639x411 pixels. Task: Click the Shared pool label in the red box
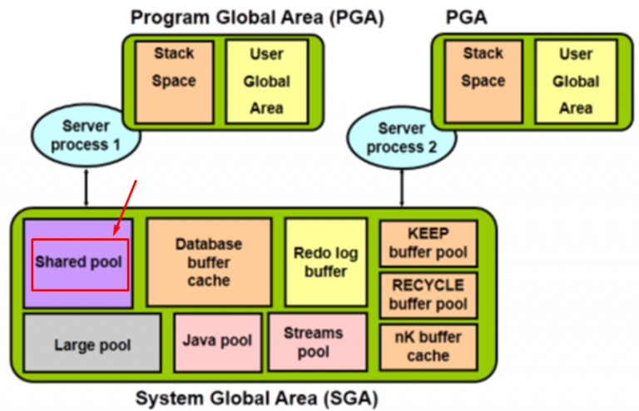tap(79, 262)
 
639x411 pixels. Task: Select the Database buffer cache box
tap(209, 262)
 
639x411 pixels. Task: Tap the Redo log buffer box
tap(326, 262)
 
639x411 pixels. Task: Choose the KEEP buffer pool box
tap(428, 244)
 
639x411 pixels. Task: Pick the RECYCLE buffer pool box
tap(428, 295)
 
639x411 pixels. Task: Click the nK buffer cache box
tap(428, 347)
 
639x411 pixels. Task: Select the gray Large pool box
tap(92, 343)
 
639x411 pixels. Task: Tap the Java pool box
tap(218, 343)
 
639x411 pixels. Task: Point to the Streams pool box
tap(318, 342)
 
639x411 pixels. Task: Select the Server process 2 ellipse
tap(401, 137)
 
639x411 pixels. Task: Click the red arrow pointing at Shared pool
tap(125, 207)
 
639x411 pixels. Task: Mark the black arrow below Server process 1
tap(86, 188)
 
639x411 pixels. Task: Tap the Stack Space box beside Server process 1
tap(175, 82)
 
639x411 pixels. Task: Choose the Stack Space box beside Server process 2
tap(483, 82)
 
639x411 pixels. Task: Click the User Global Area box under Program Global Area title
tap(267, 82)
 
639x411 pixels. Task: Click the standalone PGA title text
tap(466, 17)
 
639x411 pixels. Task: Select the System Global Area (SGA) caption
tap(257, 398)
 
